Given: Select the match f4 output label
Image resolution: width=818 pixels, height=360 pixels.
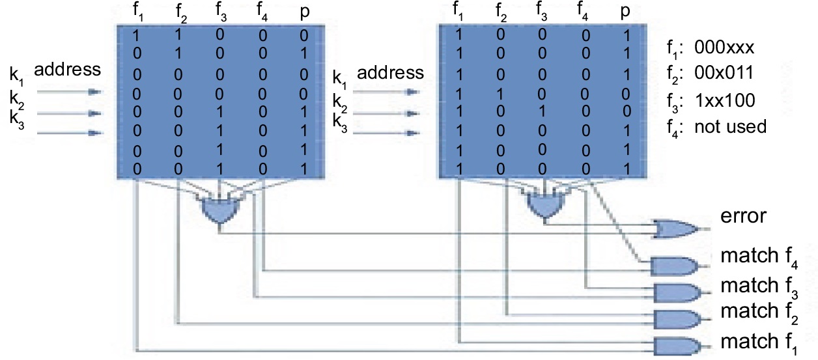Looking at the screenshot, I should tap(755, 257).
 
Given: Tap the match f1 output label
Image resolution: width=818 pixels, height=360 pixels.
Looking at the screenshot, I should tap(755, 341).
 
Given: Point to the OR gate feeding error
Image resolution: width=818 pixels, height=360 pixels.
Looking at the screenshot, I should tap(675, 228).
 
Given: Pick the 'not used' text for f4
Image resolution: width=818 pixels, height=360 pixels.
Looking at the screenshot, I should tap(731, 126).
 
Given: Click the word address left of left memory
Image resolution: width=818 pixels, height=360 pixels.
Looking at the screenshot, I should tap(67, 69).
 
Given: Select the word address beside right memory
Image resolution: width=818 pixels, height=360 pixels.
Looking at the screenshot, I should tap(390, 72).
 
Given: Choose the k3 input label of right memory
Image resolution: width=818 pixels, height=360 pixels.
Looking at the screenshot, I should tap(339, 121).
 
